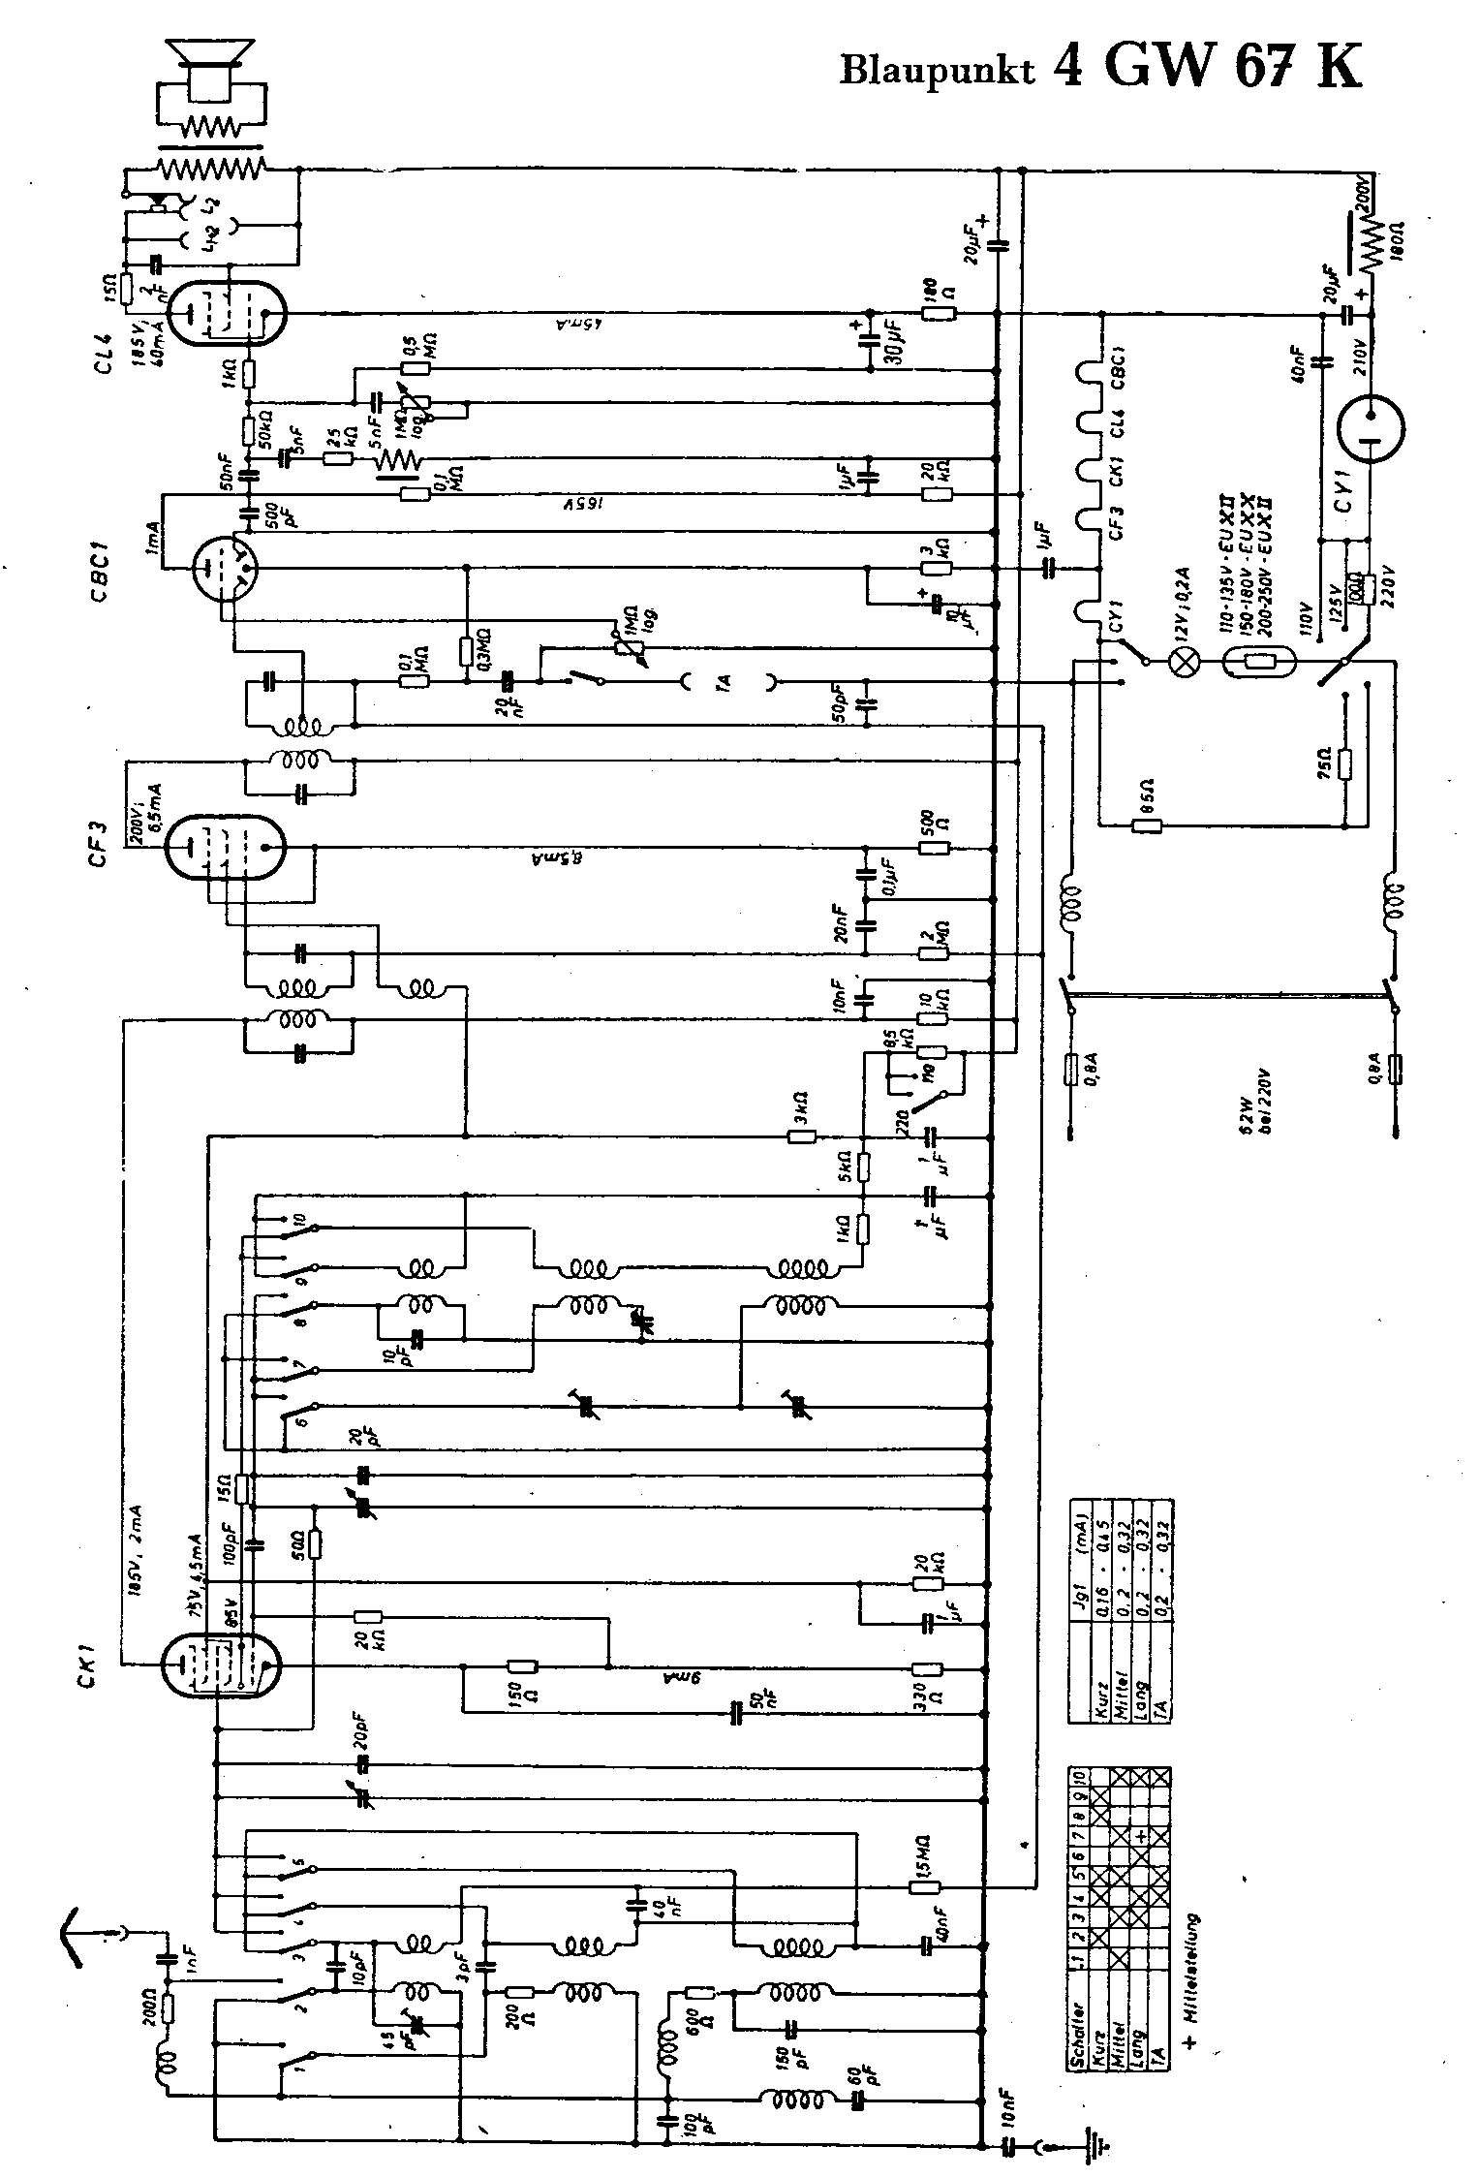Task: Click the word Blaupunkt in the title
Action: pos(936,70)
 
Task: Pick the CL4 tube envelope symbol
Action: pos(227,312)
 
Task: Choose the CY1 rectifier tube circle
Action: pos(1371,427)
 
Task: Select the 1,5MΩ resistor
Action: pos(923,1886)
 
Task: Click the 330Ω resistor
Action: pos(927,1668)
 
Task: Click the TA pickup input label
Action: pos(724,682)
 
